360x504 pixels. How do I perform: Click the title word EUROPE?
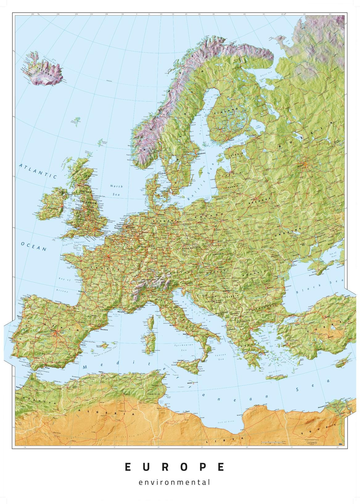coord(175,467)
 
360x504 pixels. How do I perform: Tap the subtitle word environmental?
coord(175,482)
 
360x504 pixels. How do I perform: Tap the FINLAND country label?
coord(228,112)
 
